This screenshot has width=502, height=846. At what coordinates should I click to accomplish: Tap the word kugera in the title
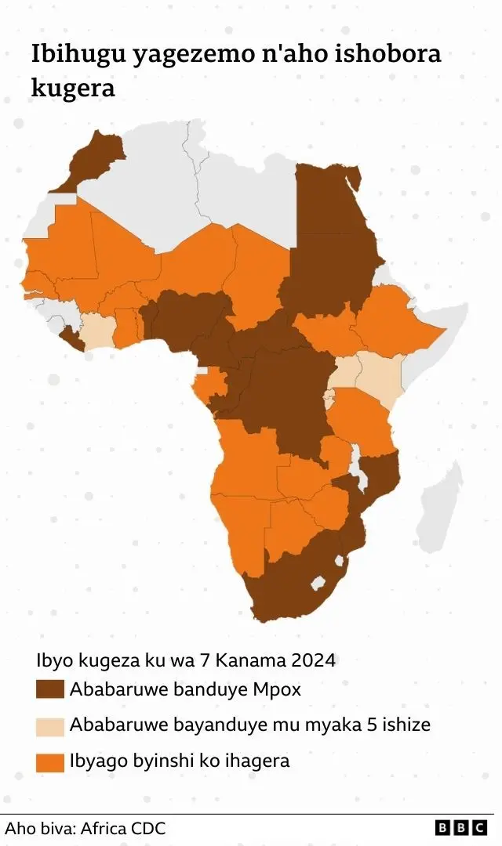pyautogui.click(x=72, y=88)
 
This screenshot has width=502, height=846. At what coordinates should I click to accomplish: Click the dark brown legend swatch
pyautogui.click(x=49, y=689)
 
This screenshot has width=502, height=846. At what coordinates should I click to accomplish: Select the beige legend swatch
pyautogui.click(x=49, y=725)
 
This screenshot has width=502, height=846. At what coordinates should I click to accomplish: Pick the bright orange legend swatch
pyautogui.click(x=49, y=761)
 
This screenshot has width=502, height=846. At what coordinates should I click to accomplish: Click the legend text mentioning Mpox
pyautogui.click(x=185, y=689)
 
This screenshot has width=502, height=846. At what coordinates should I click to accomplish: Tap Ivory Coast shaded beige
pyautogui.click(x=97, y=332)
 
